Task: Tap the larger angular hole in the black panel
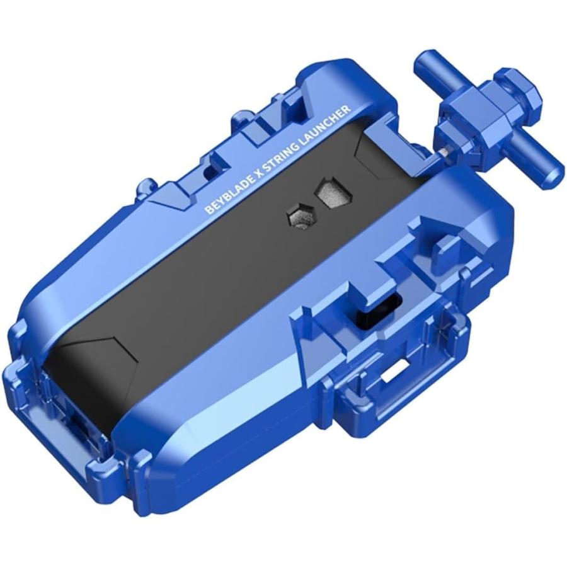pyautogui.click(x=335, y=192)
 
